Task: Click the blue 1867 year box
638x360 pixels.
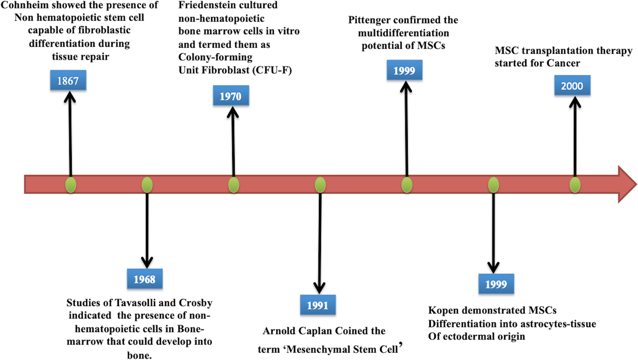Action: click(x=68, y=81)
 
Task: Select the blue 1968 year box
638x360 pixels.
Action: click(x=145, y=279)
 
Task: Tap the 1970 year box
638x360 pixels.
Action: click(x=231, y=96)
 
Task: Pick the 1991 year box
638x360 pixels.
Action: click(x=318, y=305)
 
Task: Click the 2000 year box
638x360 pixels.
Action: click(x=572, y=86)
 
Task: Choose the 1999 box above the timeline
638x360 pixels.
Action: click(x=404, y=70)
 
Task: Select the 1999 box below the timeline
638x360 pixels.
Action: click(x=496, y=284)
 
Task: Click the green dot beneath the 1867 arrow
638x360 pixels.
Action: click(x=71, y=185)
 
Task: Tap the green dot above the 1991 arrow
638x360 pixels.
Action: click(x=320, y=185)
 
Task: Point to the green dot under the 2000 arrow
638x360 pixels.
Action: click(x=575, y=185)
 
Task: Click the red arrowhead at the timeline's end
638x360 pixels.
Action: click(x=627, y=184)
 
